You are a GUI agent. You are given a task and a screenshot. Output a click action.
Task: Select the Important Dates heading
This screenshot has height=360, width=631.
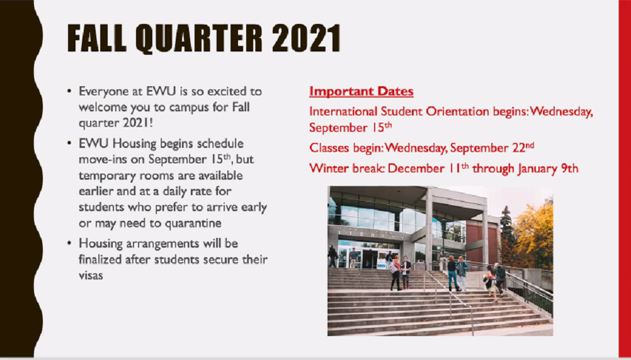coord(361,92)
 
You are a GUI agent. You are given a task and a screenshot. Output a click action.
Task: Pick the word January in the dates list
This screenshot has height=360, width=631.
coord(537,169)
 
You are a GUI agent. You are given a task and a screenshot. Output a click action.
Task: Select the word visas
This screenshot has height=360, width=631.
coord(91,276)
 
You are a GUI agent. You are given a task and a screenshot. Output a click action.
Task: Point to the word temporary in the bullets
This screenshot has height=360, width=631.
coord(103,176)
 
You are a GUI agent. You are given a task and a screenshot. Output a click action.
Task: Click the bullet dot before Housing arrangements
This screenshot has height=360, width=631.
coord(70,244)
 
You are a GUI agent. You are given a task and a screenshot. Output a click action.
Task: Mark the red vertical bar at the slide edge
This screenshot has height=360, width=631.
coord(625,178)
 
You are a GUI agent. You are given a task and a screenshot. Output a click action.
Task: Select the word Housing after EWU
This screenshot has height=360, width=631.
coord(123,144)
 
